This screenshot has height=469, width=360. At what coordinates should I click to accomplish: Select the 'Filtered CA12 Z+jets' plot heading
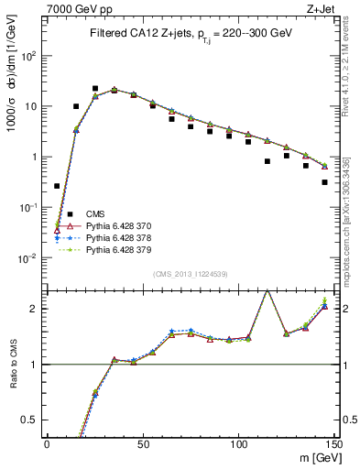coord(191,33)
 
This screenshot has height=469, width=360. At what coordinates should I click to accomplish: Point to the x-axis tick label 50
coord(143,444)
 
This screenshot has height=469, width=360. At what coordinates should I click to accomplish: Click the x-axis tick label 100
coord(238,444)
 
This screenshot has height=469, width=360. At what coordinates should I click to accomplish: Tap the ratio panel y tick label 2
coord(34,309)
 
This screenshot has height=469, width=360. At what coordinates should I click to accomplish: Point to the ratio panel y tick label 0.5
coord(30,420)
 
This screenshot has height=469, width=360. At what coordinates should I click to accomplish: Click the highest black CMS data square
coord(95,89)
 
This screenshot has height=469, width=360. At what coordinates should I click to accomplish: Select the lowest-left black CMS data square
coord(57,186)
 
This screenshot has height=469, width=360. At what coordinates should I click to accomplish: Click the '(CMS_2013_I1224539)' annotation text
coord(191,274)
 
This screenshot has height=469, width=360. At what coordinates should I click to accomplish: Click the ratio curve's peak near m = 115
coord(267,290)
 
